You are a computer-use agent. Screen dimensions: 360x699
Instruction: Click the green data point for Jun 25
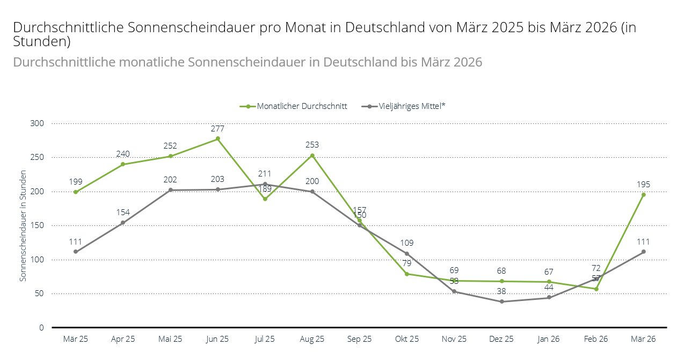coord(217,138)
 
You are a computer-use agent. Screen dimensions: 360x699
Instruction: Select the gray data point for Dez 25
coord(501,302)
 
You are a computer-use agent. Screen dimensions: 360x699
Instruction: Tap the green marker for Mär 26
coord(644,195)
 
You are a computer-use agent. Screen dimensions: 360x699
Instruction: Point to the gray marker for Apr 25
coord(123,223)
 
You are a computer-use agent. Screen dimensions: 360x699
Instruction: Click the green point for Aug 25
coord(312,156)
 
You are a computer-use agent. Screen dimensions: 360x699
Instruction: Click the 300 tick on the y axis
coord(37,123)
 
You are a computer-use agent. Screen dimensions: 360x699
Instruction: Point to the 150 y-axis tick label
coord(37,225)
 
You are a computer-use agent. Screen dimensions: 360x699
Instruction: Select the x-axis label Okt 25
coord(406,339)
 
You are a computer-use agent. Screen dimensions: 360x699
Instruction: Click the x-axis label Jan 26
coord(549,339)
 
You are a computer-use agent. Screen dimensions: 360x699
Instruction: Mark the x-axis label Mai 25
coord(170,339)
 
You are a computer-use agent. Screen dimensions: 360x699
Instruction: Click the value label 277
coord(217,129)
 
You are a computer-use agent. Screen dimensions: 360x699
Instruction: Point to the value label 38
coord(501,291)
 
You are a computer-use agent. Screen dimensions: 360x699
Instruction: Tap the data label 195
coord(644,185)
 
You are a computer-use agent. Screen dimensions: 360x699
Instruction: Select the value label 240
coord(123,154)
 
